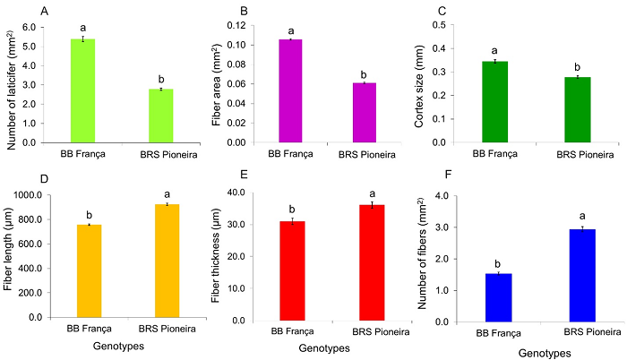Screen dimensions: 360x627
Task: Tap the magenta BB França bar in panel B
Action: [x=291, y=90]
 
